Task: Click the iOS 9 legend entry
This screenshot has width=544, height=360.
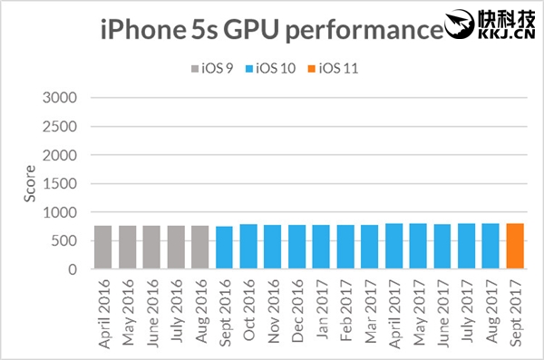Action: [x=212, y=67]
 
